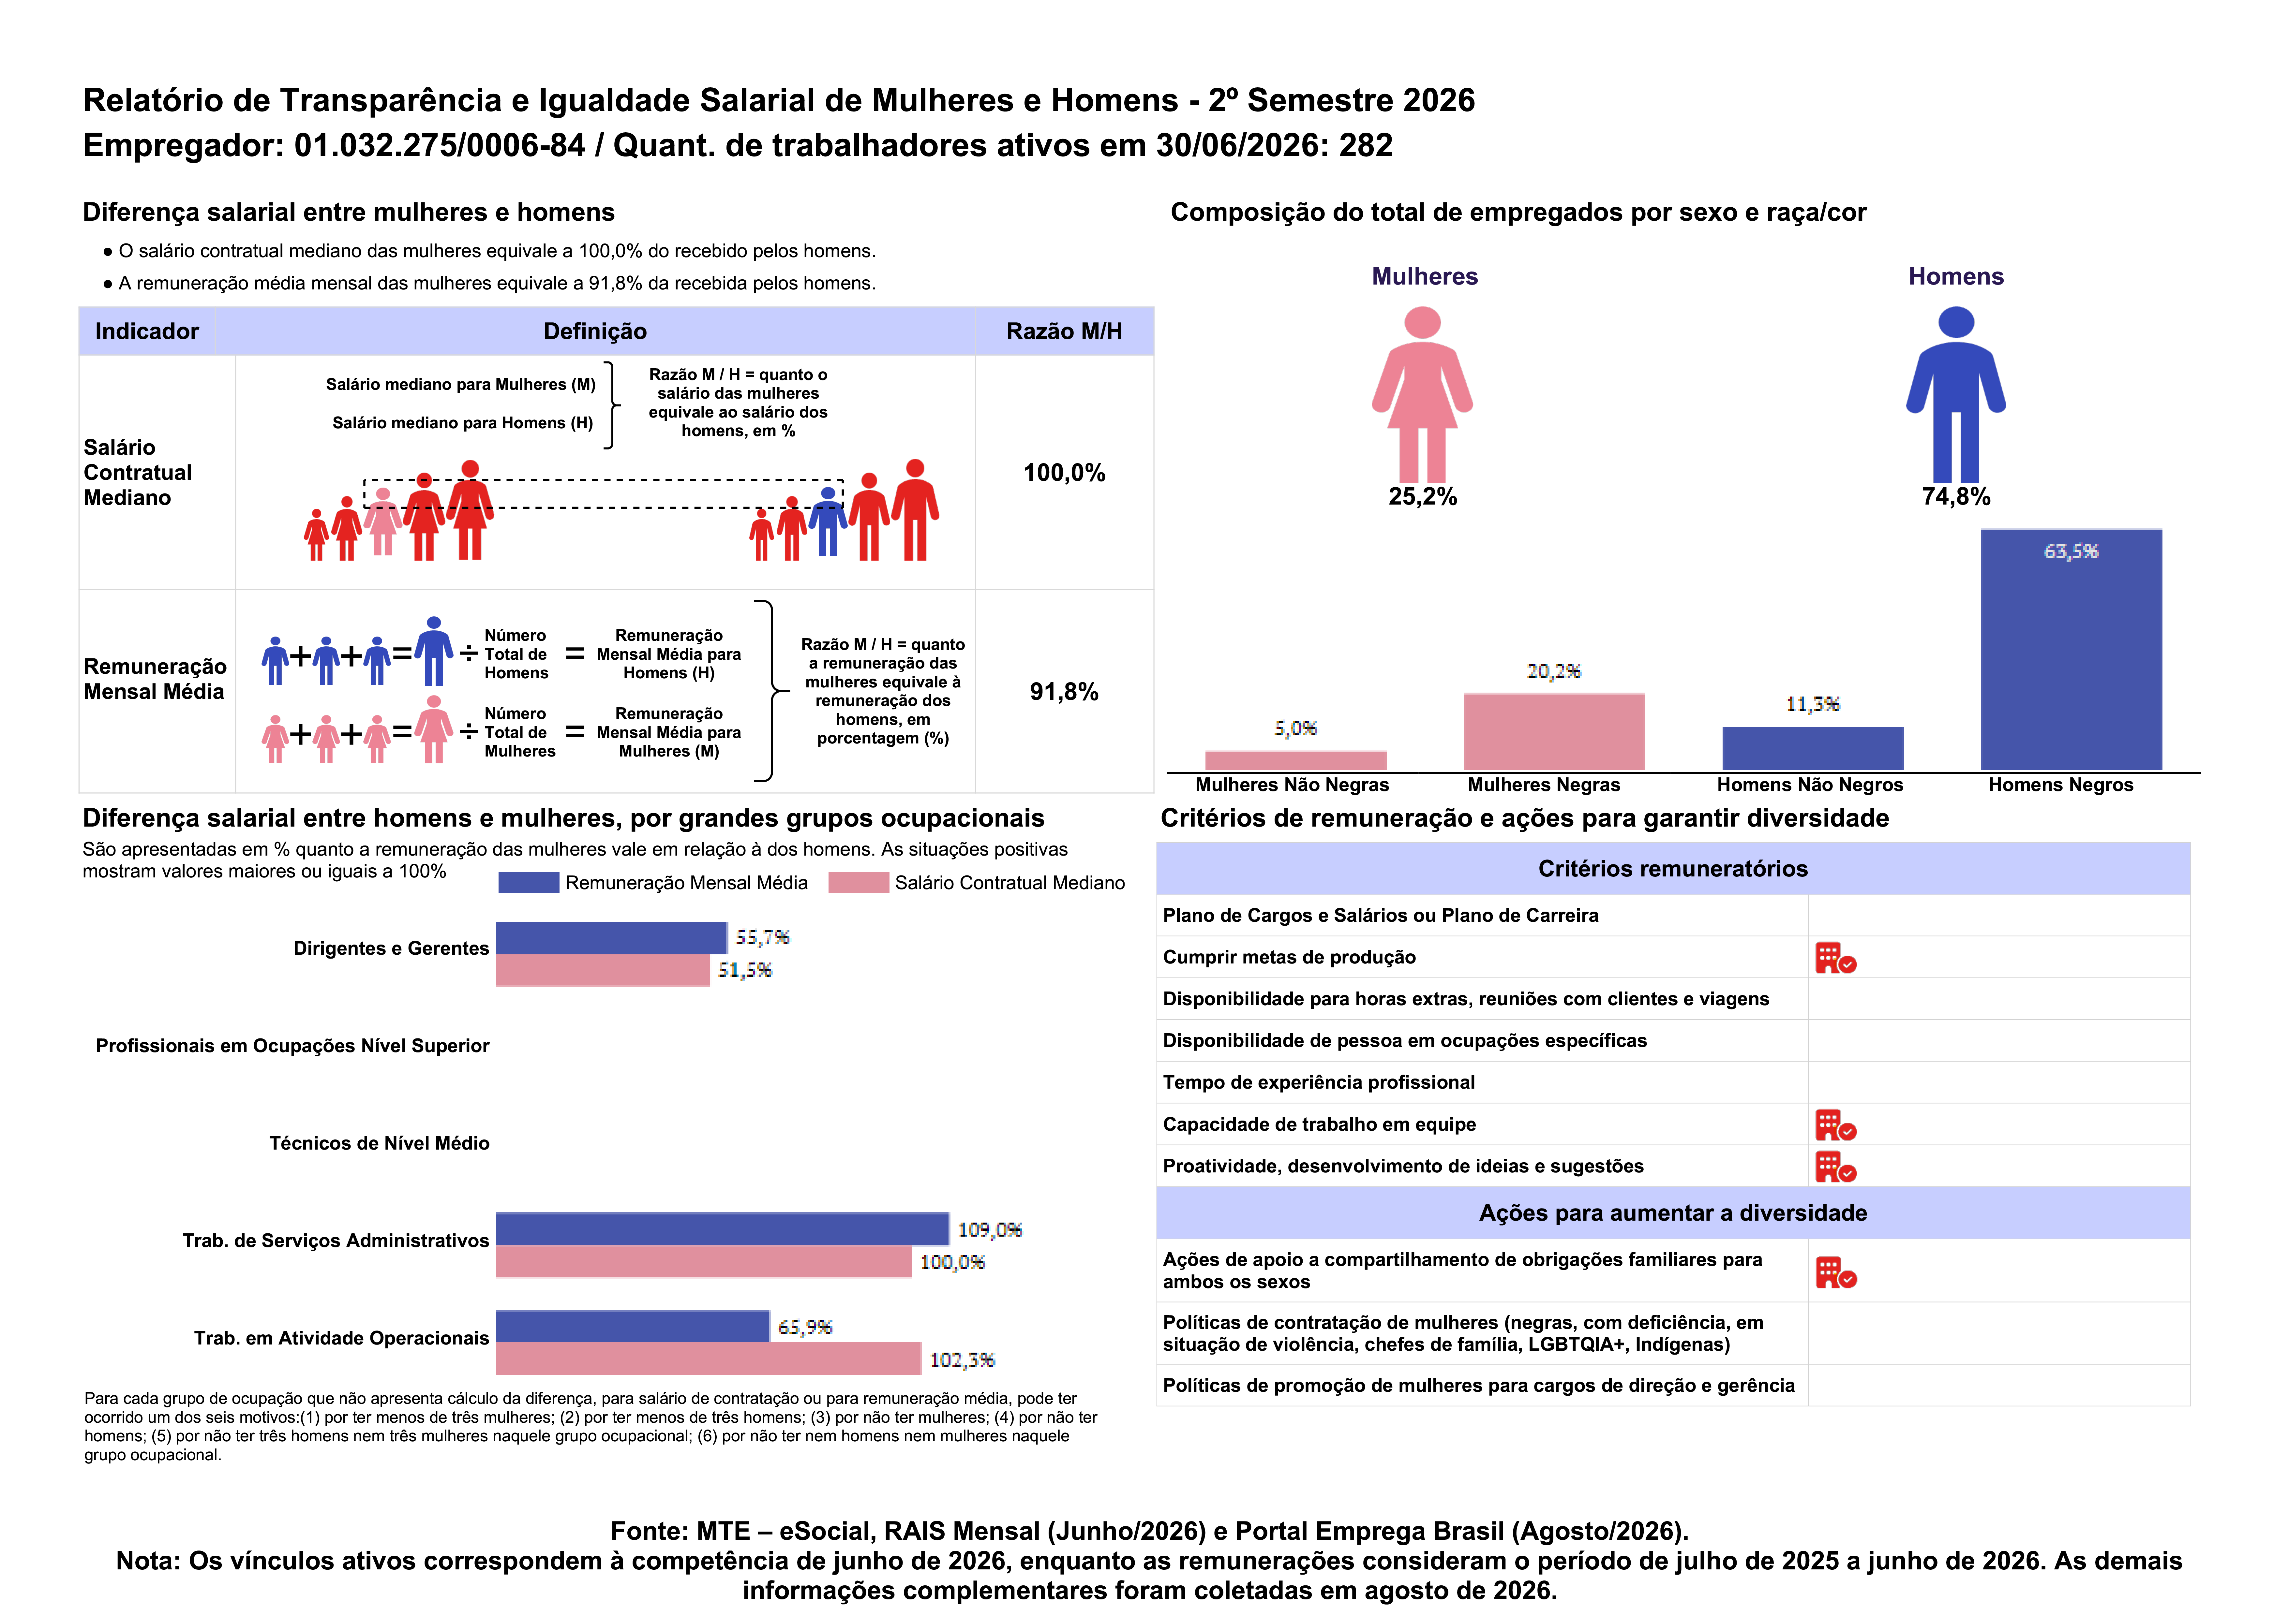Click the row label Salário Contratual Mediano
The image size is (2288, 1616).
tap(138, 472)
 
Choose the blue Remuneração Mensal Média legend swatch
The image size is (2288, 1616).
tap(528, 883)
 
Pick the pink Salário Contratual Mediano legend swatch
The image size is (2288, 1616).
tap(858, 883)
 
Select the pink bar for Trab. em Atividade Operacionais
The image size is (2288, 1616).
tap(709, 1359)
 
